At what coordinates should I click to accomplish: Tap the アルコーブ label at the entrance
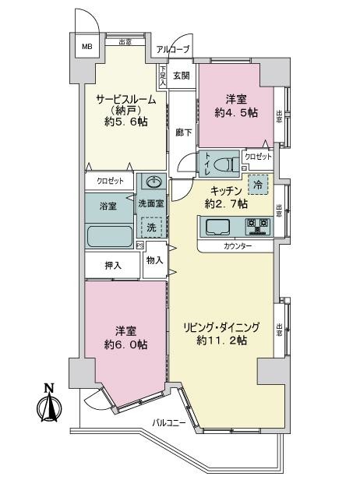tap(171, 49)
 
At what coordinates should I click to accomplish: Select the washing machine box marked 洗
tap(152, 226)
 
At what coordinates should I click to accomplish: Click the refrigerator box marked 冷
tap(256, 185)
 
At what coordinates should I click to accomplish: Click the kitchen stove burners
tap(257, 228)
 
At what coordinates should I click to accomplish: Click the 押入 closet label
tap(114, 266)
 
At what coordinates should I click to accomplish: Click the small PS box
tap(140, 245)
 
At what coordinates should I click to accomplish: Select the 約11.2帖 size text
tap(222, 341)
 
